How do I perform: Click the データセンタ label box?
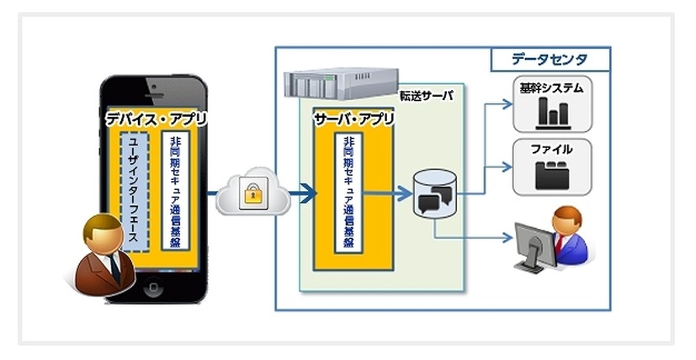coord(550,60)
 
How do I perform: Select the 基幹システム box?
coord(551,103)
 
